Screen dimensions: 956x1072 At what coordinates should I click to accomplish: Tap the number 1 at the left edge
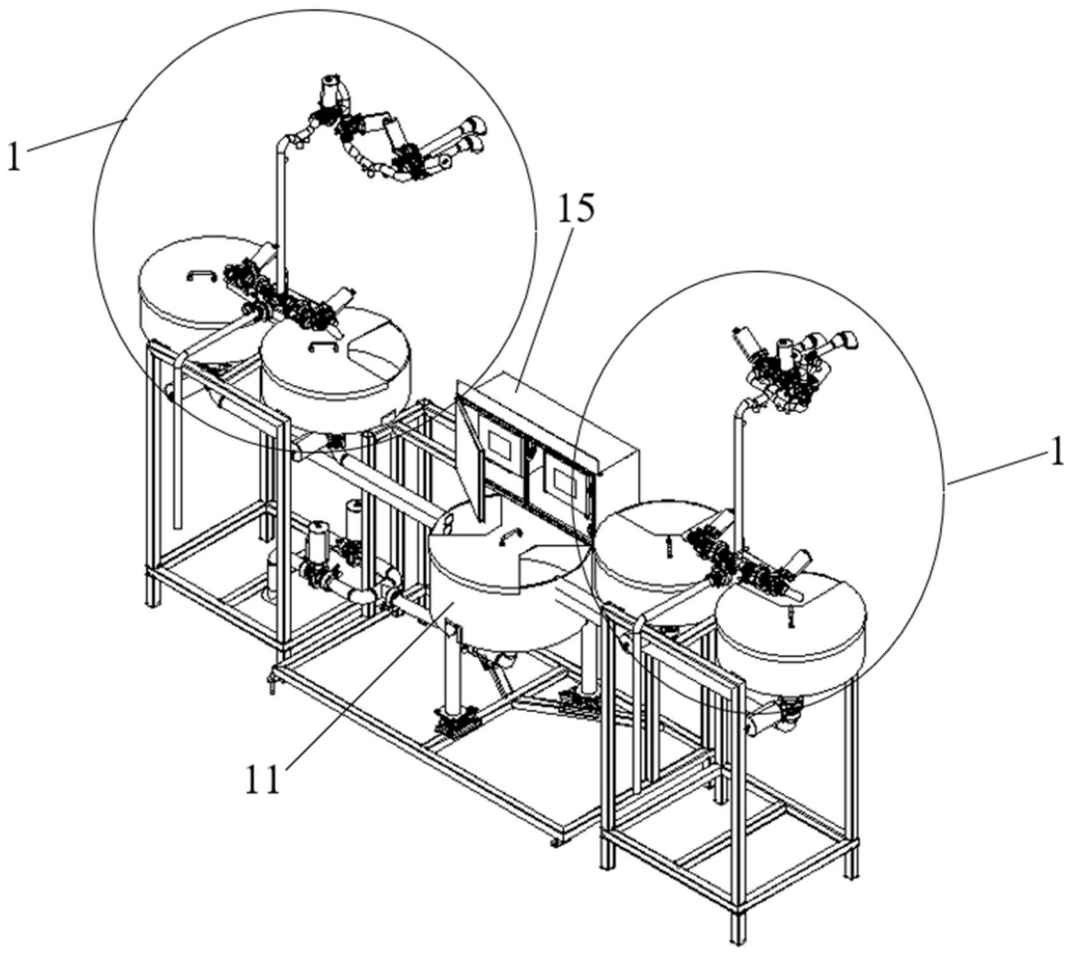[x=13, y=159]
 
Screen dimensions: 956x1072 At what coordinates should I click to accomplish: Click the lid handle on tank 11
[x=509, y=535]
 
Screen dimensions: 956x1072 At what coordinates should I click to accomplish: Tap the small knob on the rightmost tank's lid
[x=791, y=617]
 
